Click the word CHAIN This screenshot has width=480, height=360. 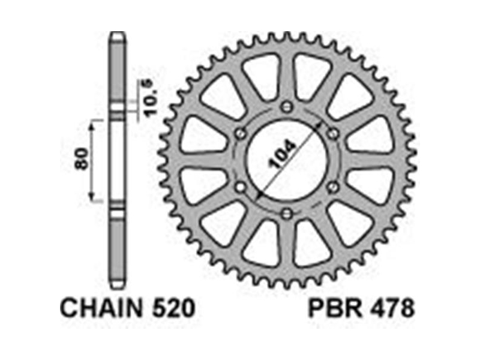(x=101, y=308)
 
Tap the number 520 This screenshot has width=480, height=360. (x=173, y=308)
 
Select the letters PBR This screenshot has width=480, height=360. (x=335, y=308)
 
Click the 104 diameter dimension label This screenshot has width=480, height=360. (x=281, y=155)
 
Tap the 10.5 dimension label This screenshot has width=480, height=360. (x=149, y=98)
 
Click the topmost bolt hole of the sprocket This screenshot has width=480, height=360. (x=287, y=107)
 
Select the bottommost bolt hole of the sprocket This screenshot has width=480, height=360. (x=287, y=214)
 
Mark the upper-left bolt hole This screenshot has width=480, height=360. (x=241, y=133)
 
